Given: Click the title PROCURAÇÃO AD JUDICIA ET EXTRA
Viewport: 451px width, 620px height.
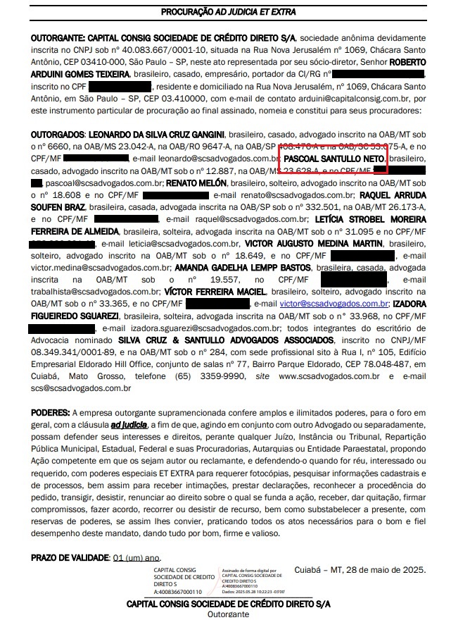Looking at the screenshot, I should click(x=228, y=13).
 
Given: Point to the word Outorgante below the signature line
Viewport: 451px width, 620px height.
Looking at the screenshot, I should click(x=228, y=614).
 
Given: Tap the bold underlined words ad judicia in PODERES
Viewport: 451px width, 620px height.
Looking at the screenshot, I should click(x=129, y=424).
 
